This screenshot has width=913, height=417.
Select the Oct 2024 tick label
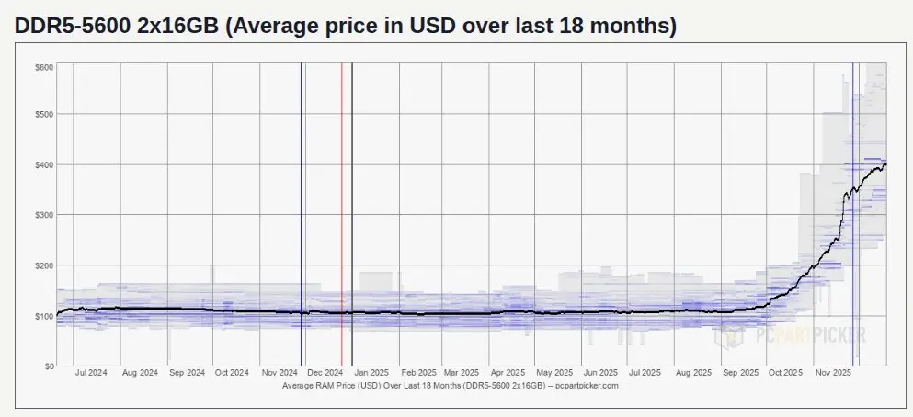[232, 374]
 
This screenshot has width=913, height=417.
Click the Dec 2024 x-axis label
[325, 374]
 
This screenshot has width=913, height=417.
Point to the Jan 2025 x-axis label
[372, 374]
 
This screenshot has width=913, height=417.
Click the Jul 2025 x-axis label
[645, 374]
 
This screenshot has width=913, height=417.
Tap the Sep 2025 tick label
[740, 374]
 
